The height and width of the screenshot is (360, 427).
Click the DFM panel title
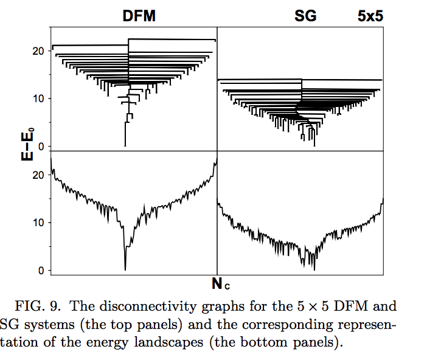coord(139,16)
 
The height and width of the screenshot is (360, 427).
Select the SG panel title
coord(305,16)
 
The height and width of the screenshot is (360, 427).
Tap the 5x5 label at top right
coord(370,16)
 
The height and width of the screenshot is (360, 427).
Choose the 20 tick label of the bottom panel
coord(40,175)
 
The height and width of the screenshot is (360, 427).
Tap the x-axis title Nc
coord(221,283)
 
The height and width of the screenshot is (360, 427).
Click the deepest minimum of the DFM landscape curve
coord(125,269)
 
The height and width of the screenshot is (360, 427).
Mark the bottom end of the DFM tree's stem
coord(125,146)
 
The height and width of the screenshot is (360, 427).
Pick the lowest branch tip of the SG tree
coord(314,146)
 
